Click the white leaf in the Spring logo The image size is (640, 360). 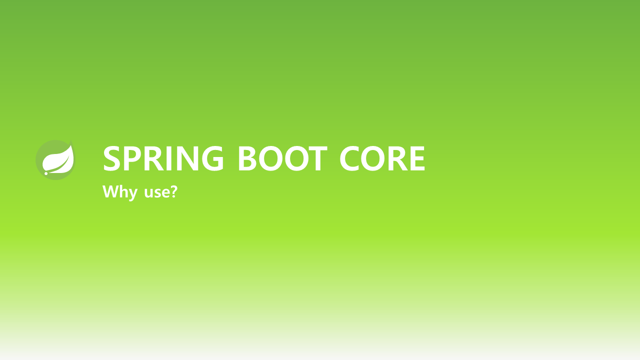coord(58,159)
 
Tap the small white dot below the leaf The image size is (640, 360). coord(46,173)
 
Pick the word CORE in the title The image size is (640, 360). coord(382,158)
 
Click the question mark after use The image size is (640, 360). coord(173,191)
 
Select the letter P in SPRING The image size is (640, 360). coord(135,158)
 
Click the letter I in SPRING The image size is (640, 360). coord(172,158)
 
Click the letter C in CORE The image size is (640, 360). coord(351,158)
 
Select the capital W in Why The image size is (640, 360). coord(110,191)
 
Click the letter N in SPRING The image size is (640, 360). coord(189,158)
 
